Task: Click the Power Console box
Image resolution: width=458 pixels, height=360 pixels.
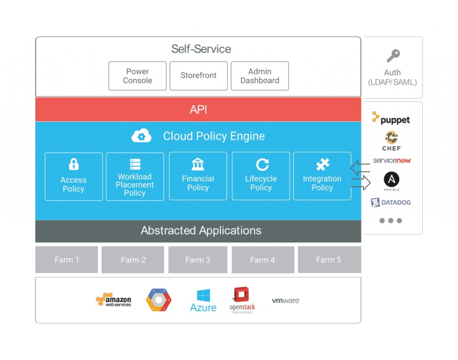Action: (x=137, y=76)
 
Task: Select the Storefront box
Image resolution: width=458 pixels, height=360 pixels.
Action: (x=198, y=76)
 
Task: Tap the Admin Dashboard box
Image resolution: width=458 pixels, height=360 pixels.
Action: (x=260, y=76)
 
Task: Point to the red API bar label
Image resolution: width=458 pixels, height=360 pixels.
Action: (x=198, y=110)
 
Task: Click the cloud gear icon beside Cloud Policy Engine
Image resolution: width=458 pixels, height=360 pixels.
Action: (x=141, y=136)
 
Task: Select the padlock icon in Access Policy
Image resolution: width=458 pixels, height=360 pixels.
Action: (x=73, y=164)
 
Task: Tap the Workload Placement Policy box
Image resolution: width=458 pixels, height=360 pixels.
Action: (x=135, y=176)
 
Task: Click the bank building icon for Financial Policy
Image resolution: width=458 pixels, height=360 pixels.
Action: (x=198, y=165)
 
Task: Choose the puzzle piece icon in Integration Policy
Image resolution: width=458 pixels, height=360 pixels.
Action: (x=323, y=165)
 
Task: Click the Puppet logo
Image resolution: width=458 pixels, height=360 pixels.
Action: (x=391, y=119)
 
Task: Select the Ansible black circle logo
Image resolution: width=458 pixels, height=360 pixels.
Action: (x=392, y=180)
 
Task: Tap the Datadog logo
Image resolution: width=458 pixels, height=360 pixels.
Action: (x=391, y=202)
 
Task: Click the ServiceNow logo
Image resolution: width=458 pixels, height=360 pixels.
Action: (x=392, y=161)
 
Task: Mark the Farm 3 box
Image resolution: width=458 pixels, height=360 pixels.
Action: (x=198, y=260)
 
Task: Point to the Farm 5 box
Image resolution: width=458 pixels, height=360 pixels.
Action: (x=329, y=260)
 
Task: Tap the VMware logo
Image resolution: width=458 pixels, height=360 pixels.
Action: (x=285, y=301)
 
